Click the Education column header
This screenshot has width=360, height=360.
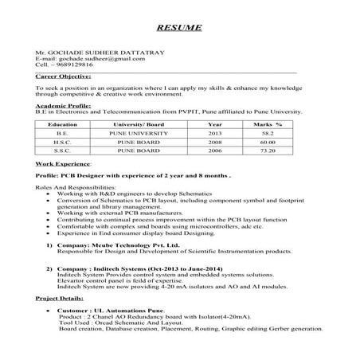click(x=62, y=125)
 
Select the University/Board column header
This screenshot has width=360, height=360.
click(x=138, y=125)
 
